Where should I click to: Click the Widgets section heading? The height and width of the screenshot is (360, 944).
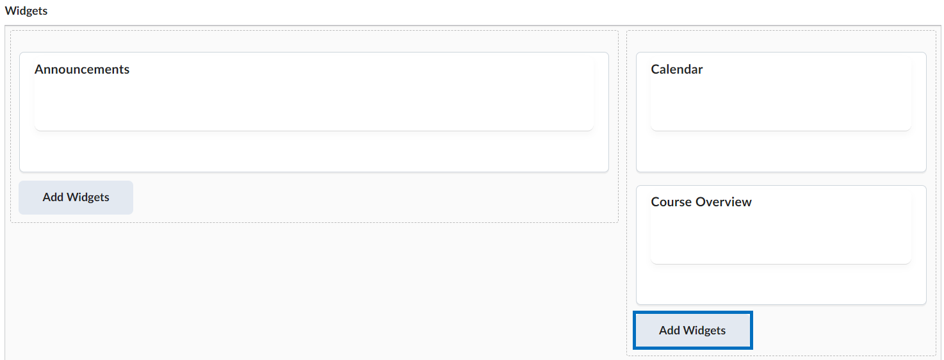pyautogui.click(x=26, y=10)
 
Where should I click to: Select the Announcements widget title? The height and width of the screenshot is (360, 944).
pyautogui.click(x=82, y=69)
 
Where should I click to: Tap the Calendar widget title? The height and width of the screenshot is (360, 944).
pyautogui.click(x=677, y=69)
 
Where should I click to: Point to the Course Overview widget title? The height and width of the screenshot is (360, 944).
pyautogui.click(x=701, y=202)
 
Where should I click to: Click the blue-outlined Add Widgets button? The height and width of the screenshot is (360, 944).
pyautogui.click(x=693, y=330)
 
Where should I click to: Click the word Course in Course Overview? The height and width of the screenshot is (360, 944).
pyautogui.click(x=671, y=202)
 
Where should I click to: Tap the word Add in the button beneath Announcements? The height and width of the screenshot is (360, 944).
pyautogui.click(x=53, y=197)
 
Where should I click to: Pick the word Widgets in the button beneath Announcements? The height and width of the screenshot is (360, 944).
pyautogui.click(x=88, y=197)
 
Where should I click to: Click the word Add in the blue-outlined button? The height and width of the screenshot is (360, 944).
pyautogui.click(x=669, y=330)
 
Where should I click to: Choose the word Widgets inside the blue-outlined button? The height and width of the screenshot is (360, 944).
pyautogui.click(x=704, y=330)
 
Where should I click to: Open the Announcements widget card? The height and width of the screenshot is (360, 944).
pyautogui.click(x=314, y=112)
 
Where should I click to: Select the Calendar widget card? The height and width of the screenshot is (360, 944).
pyautogui.click(x=781, y=112)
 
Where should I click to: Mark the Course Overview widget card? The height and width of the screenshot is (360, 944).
pyautogui.click(x=781, y=245)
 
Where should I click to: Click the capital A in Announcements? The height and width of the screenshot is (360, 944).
pyautogui.click(x=39, y=69)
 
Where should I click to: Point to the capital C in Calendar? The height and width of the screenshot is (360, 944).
pyautogui.click(x=655, y=69)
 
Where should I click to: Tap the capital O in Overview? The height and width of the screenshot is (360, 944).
pyautogui.click(x=701, y=202)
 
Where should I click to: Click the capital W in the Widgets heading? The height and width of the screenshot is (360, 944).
pyautogui.click(x=11, y=10)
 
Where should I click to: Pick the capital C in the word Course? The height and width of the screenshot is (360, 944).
pyautogui.click(x=655, y=202)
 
